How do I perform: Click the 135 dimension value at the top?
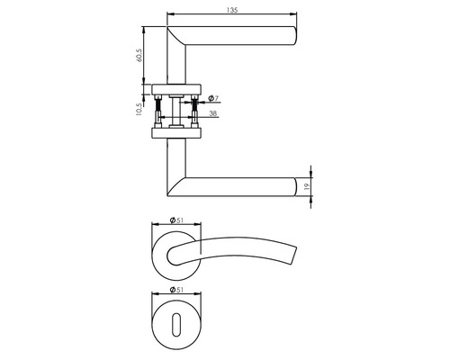pos(232,10)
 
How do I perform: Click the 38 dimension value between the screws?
pos(213,115)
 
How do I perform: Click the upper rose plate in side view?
pos(177,89)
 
